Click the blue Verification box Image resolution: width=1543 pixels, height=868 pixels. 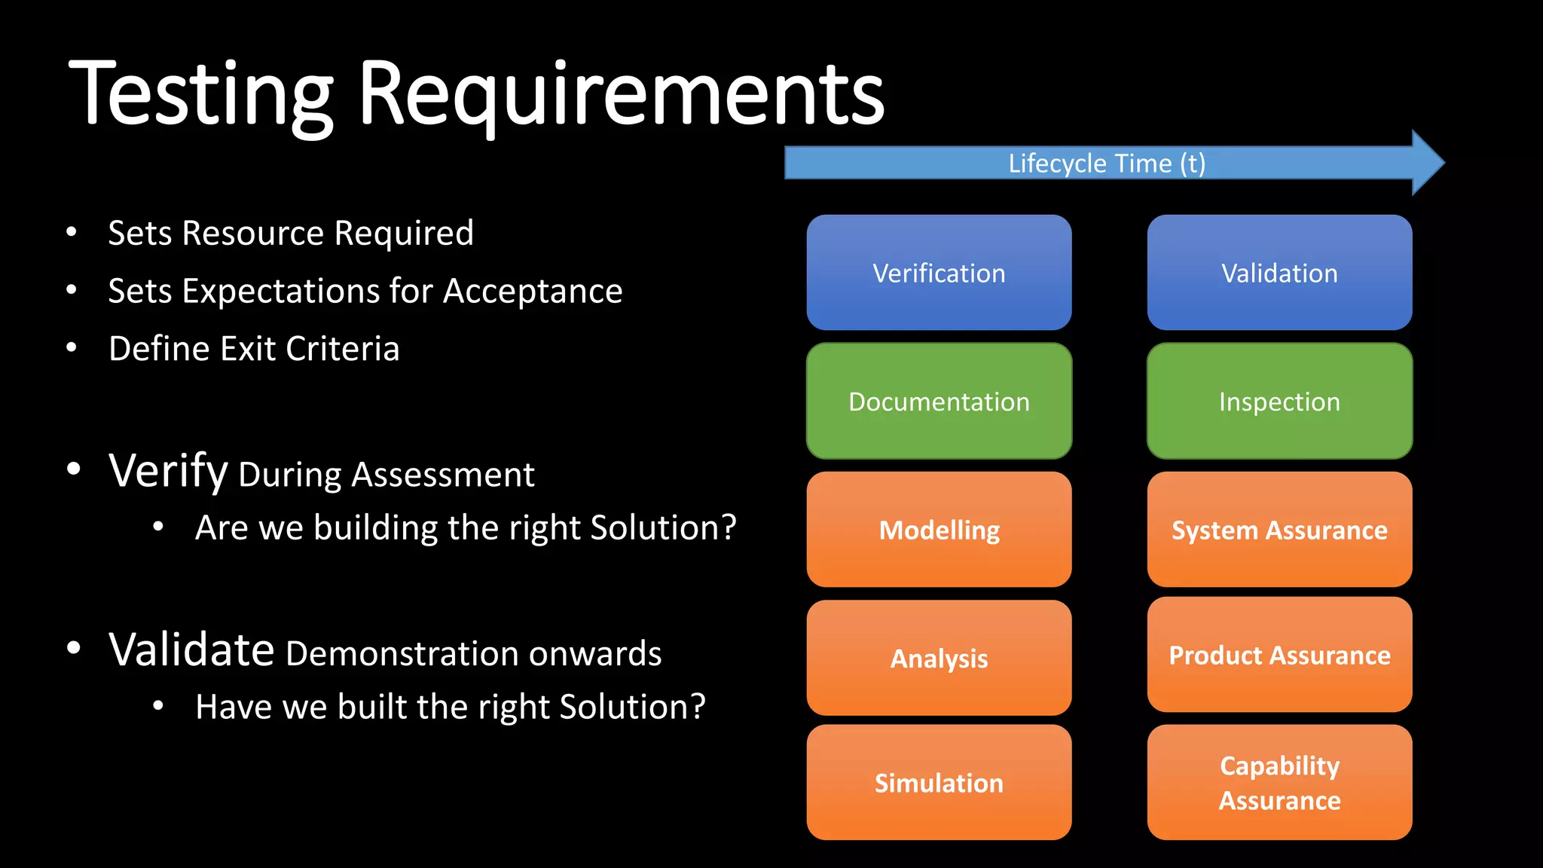(939, 273)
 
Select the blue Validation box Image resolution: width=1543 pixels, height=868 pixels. (1279, 273)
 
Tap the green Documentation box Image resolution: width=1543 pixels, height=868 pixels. (939, 401)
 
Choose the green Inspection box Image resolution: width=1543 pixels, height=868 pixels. (1279, 401)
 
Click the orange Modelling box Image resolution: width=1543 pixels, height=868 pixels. (939, 530)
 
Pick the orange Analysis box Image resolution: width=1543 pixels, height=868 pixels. (939, 658)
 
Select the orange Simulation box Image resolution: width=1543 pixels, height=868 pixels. (939, 783)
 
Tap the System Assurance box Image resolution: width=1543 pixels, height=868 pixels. (1279, 530)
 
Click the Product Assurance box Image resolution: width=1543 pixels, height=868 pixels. (1279, 655)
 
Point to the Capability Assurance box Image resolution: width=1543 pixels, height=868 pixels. (1279, 783)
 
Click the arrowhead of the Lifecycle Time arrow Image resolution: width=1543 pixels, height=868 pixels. (1427, 163)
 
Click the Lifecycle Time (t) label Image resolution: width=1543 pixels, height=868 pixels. (1106, 164)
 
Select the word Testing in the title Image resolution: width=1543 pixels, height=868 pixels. (200, 96)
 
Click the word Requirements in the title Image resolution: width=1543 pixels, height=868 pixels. (621, 96)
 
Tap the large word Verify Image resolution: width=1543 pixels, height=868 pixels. (168, 472)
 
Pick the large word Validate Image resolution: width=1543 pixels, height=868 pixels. (191, 649)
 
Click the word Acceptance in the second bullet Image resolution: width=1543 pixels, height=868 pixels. (533, 292)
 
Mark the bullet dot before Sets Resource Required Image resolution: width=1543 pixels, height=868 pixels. (72, 232)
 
